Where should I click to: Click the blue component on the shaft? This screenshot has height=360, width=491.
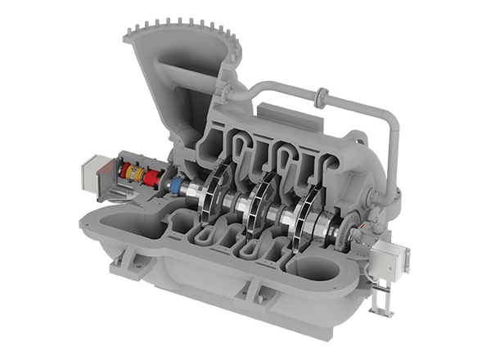pyautogui.click(x=174, y=185)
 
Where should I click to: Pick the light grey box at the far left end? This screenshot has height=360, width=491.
pyautogui.click(x=89, y=175)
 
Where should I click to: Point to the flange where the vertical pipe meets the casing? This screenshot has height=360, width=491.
pyautogui.click(x=392, y=195)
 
